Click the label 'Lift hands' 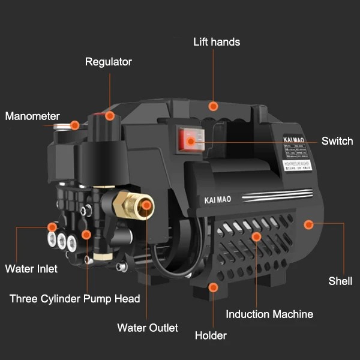[x=217, y=42]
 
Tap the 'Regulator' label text [x=109, y=62]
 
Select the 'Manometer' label [x=32, y=116]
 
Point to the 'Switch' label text [x=337, y=142]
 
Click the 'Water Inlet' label [x=31, y=269]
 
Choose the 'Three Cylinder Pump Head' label [x=75, y=299]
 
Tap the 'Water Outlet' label [x=148, y=328]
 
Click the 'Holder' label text [x=211, y=335]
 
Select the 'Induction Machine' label [x=269, y=314]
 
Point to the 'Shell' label [x=340, y=281]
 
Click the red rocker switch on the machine [x=188, y=140]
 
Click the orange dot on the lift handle [x=212, y=106]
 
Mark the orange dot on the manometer [x=74, y=125]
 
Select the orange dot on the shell [x=309, y=224]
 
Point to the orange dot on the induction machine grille [x=256, y=236]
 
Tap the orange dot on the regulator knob [x=109, y=114]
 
